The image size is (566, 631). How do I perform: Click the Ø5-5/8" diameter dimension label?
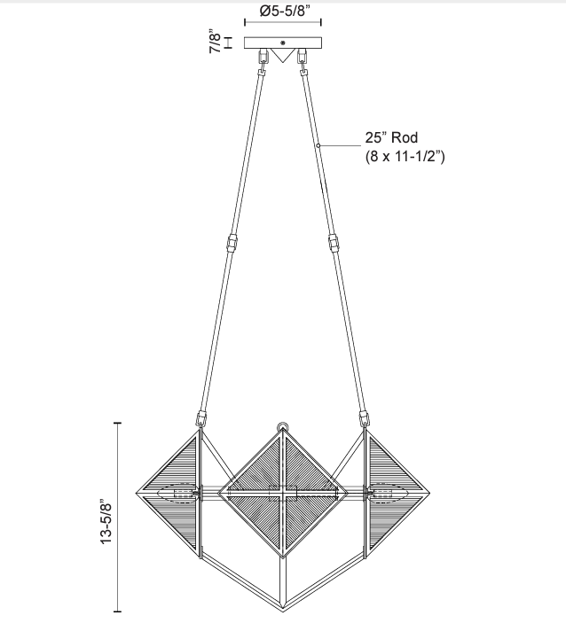point(284,12)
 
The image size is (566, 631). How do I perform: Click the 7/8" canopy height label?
point(215,43)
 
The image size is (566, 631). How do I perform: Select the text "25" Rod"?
point(390,138)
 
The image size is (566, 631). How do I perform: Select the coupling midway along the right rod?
point(334,243)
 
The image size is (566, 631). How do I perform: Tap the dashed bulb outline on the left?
point(178,493)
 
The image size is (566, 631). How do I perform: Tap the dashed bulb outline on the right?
point(389,493)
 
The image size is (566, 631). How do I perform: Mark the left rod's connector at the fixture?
point(201,417)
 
